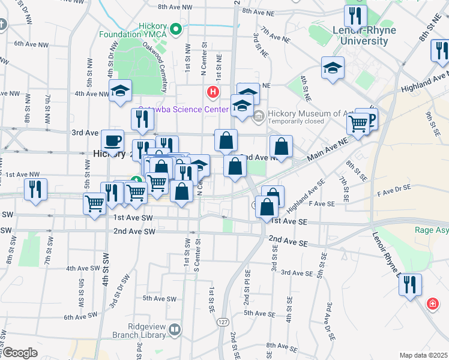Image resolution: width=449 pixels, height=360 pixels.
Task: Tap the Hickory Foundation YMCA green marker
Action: (x=176, y=28)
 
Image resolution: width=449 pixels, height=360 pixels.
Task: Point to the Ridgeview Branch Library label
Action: (x=131, y=329)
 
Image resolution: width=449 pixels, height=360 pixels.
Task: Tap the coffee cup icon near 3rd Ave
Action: (x=112, y=141)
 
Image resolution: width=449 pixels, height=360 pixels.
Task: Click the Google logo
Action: (x=19, y=353)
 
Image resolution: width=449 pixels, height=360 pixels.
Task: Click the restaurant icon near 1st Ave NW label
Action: (x=36, y=189)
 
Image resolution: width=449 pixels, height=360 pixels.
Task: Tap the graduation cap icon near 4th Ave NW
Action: (x=121, y=91)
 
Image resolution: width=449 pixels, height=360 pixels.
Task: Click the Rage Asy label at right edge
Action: (x=432, y=229)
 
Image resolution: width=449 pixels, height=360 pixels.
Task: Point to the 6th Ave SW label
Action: (x=80, y=317)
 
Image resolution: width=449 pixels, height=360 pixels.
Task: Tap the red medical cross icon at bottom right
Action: (x=432, y=304)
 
